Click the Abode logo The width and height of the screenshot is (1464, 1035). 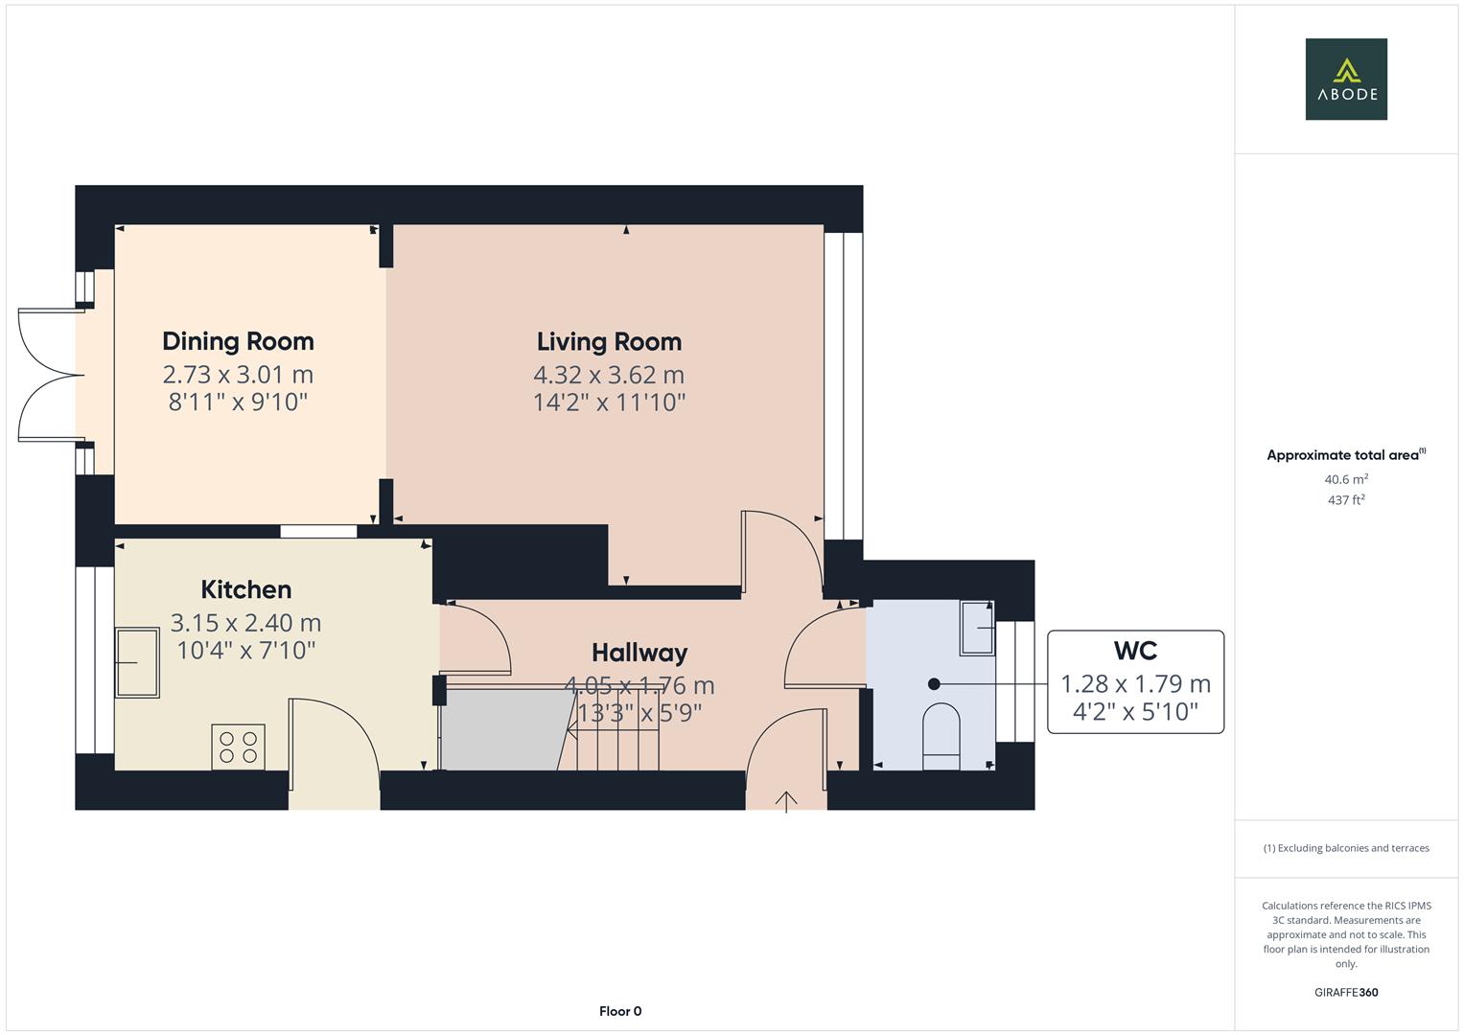1346,80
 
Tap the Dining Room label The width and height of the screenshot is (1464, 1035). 238,341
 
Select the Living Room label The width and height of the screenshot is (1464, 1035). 609,341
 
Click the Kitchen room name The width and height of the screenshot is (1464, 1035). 245,589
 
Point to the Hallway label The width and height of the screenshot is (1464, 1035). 639,653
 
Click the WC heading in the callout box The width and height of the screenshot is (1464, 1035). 1135,651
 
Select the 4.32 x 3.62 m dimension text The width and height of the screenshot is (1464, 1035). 609,375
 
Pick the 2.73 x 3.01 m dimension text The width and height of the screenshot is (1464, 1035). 238,375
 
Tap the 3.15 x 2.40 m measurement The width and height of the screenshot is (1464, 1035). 245,623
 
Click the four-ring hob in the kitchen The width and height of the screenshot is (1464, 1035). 238,747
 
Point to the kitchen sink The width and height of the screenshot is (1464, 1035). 137,662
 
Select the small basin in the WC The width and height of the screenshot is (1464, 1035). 977,628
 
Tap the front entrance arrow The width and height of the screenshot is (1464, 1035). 786,801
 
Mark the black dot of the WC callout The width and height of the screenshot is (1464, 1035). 934,684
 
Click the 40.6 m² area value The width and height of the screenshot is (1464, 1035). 1346,479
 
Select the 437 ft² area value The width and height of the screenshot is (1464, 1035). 1346,500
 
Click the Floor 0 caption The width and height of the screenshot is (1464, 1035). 620,1011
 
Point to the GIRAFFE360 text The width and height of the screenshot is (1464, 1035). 1346,992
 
